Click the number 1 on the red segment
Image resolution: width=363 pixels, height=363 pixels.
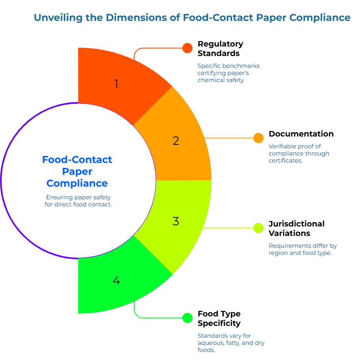click(116, 84)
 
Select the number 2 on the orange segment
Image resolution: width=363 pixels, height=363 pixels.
click(176, 141)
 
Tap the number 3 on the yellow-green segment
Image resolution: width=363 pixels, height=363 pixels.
click(176, 221)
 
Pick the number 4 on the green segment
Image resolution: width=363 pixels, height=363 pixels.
click(116, 281)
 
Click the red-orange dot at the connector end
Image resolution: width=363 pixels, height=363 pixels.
click(187, 48)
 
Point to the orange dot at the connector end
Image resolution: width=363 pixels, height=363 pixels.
click(258, 138)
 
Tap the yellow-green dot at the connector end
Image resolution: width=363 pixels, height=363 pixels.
click(258, 228)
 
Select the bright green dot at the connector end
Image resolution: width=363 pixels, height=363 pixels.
click(187, 318)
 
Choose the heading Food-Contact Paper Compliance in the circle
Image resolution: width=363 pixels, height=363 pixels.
click(77, 171)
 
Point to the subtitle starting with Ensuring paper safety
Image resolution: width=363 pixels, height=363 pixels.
click(79, 200)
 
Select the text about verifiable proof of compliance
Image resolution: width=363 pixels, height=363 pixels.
click(299, 153)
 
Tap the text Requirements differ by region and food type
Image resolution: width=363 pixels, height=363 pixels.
click(303, 249)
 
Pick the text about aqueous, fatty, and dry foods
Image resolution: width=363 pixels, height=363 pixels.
click(231, 342)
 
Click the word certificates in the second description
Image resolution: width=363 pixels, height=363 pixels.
click(285, 161)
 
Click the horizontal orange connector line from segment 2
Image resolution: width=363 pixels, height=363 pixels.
click(229, 138)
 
